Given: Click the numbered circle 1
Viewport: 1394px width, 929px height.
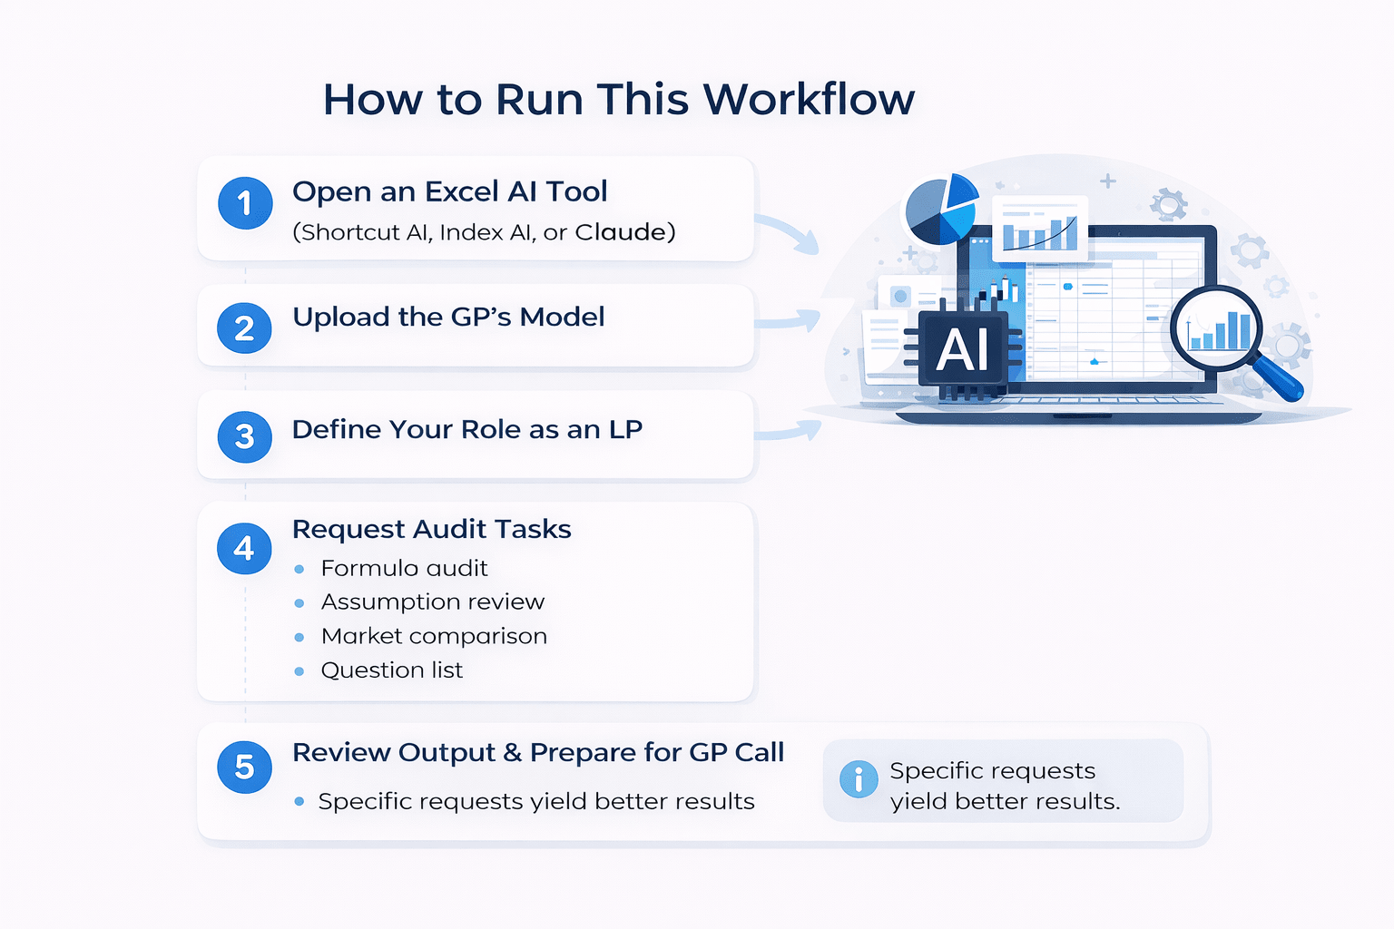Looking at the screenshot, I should tap(245, 202).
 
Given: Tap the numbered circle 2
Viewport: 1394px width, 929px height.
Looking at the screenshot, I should tap(245, 328).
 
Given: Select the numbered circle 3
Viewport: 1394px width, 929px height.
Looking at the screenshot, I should tap(245, 436).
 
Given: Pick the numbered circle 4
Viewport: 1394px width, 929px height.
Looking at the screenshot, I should tap(245, 548).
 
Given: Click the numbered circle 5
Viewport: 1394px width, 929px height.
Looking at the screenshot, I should tap(245, 767).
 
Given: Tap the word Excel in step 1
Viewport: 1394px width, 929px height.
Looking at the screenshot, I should tap(461, 191).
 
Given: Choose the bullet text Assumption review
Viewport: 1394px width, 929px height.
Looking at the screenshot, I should tap(433, 601).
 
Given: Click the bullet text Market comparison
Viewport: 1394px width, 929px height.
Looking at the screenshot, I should tap(434, 636).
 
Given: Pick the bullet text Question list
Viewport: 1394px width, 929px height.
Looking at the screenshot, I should tap(392, 670).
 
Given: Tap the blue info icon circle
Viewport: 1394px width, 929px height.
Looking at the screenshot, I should tap(859, 779).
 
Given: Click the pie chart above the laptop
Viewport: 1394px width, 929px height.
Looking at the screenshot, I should tap(941, 210).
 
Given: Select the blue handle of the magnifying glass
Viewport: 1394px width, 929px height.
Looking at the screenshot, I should tap(1280, 379).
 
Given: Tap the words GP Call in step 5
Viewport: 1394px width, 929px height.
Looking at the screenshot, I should tap(736, 752).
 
